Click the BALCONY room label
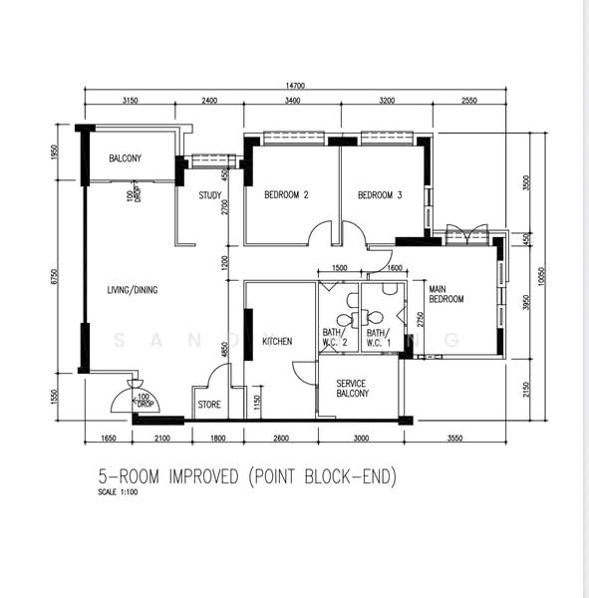coord(125,158)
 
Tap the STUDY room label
coord(209,195)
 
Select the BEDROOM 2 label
coord(286,195)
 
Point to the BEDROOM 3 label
coord(379,195)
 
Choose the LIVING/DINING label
coord(133,290)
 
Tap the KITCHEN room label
coord(277,342)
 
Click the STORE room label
coord(209,405)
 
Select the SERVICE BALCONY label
coord(353,388)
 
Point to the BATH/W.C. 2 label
coord(334,338)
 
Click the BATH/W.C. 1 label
coord(379,338)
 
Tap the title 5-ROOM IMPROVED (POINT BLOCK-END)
coord(246,477)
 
